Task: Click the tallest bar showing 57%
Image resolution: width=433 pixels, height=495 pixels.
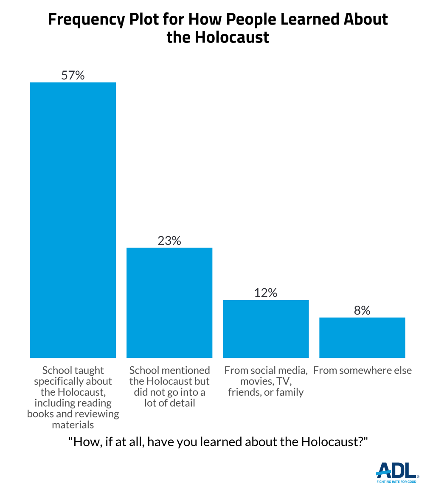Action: pos(73,220)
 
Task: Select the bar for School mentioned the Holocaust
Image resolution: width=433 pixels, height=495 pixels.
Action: pos(169,302)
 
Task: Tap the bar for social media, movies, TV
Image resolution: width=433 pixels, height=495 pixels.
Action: pos(266,329)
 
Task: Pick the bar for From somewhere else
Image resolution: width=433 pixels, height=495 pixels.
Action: pos(362,337)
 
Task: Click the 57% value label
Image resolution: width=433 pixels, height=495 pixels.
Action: pos(73,76)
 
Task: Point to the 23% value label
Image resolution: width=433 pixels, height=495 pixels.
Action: pos(169,241)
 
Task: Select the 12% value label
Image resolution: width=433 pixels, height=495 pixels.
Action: pos(266,293)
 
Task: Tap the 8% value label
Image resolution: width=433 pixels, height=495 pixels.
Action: pos(362,311)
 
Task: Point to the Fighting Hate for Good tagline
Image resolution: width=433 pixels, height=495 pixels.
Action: pos(397,482)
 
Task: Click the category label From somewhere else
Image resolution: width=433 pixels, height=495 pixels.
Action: pos(362,371)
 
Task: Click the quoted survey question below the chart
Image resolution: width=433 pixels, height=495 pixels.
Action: pos(217,442)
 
